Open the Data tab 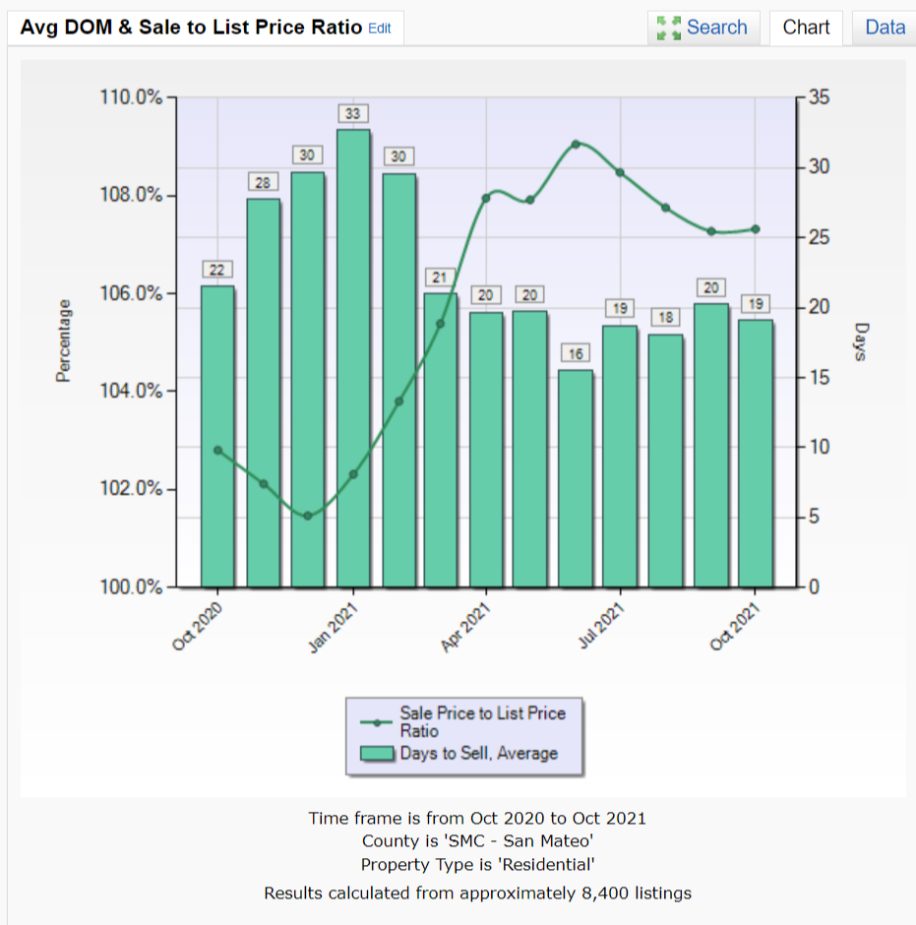(885, 28)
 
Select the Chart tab (806, 28)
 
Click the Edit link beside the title (379, 29)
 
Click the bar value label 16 (577, 352)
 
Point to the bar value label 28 (263, 182)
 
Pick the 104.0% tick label (131, 391)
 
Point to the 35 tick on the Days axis (819, 97)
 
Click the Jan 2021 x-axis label (334, 627)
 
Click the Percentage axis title (64, 341)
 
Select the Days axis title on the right (862, 341)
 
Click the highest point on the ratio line (577, 145)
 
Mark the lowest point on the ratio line (308, 516)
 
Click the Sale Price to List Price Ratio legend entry (482, 721)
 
